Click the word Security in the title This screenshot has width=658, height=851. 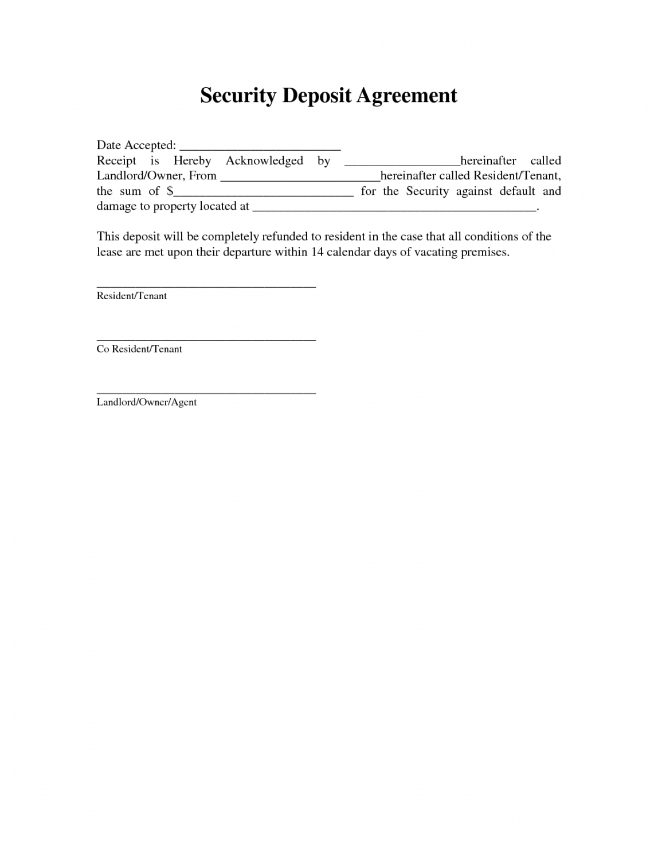click(238, 96)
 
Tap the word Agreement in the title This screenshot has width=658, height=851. click(407, 96)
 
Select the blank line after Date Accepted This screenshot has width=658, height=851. click(260, 147)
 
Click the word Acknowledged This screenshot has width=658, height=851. click(264, 161)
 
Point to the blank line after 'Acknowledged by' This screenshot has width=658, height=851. click(402, 163)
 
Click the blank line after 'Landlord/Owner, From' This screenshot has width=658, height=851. click(300, 178)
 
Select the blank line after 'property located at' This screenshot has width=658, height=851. click(394, 209)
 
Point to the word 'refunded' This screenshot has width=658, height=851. click(284, 237)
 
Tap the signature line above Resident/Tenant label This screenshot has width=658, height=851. click(206, 286)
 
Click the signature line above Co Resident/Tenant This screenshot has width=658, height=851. click(206, 339)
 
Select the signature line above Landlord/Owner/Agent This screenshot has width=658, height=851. click(206, 393)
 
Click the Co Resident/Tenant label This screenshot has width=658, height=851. click(139, 349)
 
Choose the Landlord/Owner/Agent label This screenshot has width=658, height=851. click(147, 402)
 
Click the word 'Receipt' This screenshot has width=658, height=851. click(116, 161)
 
